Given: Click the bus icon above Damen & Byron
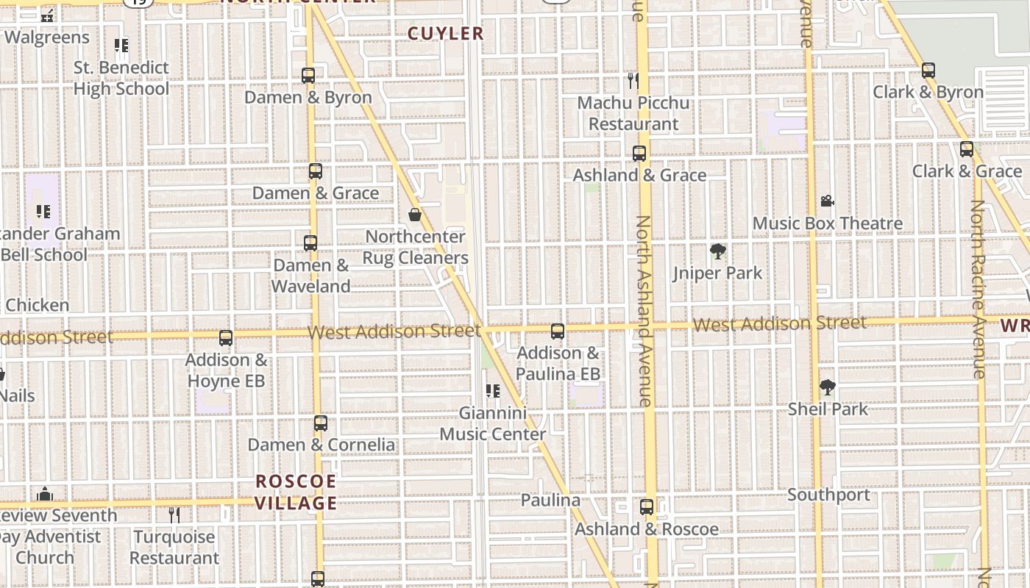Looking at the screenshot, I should [308, 75].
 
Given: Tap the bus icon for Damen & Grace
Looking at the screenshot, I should [316, 171].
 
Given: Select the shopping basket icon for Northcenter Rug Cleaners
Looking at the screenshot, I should [415, 215].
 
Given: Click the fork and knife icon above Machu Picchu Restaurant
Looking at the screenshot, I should [633, 79].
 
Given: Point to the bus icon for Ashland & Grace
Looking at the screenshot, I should [639, 154].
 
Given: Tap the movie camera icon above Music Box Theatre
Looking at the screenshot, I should [827, 201].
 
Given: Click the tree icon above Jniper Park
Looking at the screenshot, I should [717, 252].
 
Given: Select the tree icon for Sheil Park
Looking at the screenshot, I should [828, 387].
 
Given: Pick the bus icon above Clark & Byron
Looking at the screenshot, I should [928, 71].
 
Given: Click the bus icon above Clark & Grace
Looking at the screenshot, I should [967, 149].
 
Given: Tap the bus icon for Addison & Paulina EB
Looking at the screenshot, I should [558, 331].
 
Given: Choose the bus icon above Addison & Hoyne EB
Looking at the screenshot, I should [226, 338].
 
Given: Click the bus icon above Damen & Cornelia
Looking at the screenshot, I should [321, 423].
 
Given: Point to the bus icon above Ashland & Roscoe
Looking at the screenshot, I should [647, 507].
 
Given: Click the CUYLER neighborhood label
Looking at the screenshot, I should [445, 33].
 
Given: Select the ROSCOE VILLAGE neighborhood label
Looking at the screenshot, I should [296, 492].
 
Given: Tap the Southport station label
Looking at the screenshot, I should [828, 495].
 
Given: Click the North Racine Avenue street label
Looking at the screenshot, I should [978, 290].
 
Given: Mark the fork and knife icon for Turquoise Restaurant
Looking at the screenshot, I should [174, 515].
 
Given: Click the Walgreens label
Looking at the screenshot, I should [47, 37].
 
